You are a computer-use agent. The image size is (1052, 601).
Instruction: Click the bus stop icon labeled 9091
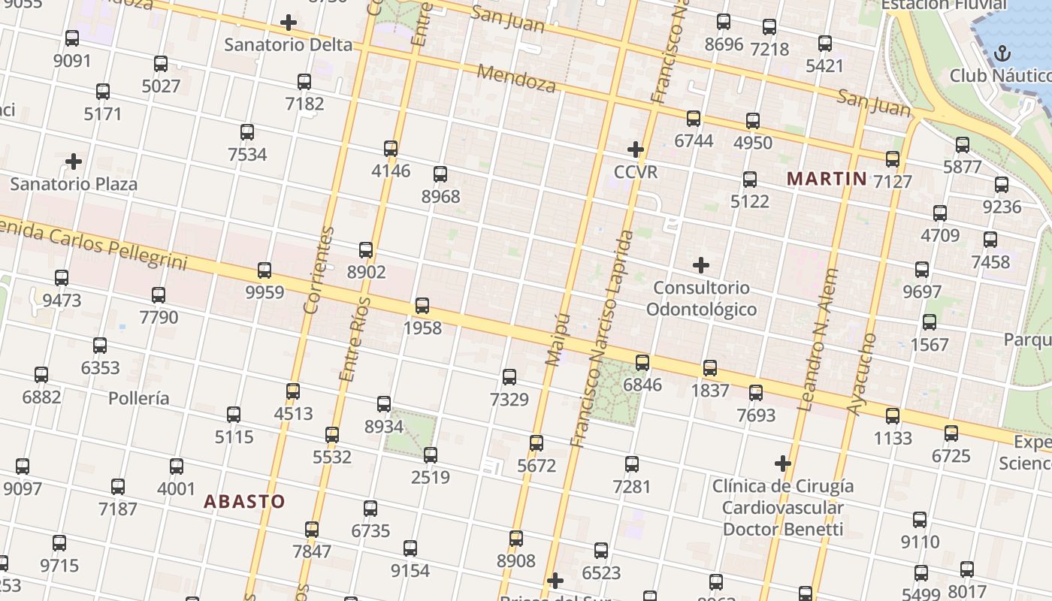[72, 38]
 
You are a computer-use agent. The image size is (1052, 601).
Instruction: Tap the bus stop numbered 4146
[391, 148]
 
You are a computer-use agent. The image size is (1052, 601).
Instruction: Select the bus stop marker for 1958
[422, 306]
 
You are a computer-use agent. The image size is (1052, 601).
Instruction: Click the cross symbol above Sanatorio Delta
[288, 23]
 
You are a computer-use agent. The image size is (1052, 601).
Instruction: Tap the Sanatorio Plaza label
[74, 184]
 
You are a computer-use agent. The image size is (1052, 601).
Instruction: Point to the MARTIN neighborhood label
[827, 179]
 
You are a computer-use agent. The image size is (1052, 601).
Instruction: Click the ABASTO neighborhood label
[244, 501]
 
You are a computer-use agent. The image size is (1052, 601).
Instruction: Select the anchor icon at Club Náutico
[1002, 53]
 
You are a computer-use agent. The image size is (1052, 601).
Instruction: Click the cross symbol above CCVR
[636, 149]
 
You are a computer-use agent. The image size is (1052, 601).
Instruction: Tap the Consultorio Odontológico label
[701, 298]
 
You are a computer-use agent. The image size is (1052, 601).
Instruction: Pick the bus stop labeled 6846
[642, 363]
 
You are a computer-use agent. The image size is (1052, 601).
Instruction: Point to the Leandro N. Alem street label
[818, 340]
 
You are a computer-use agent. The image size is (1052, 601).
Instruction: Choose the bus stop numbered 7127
[893, 159]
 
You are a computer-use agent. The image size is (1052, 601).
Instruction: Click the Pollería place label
[139, 398]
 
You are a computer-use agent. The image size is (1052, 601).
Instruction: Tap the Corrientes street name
[318, 270]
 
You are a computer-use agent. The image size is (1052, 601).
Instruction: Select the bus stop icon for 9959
[265, 270]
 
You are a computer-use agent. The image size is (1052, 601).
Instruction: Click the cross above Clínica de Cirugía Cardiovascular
[783, 464]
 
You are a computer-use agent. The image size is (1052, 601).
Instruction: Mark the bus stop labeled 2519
[431, 455]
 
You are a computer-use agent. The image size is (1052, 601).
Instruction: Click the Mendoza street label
[517, 79]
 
